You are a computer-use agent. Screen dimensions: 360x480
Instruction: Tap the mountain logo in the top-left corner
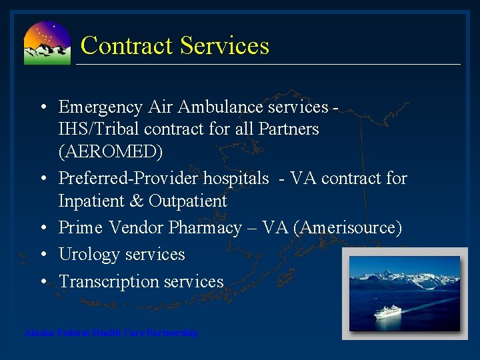[47, 43]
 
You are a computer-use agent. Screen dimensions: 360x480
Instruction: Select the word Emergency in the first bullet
[101, 107]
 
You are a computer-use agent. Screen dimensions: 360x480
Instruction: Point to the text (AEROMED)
[110, 151]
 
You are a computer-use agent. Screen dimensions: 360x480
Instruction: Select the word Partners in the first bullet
[287, 129]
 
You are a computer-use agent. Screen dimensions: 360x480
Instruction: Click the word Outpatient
[188, 201]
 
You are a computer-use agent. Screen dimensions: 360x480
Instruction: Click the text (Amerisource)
[351, 228]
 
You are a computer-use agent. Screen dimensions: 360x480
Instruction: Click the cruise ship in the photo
[389, 311]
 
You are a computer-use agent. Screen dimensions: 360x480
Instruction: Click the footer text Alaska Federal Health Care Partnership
[111, 333]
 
